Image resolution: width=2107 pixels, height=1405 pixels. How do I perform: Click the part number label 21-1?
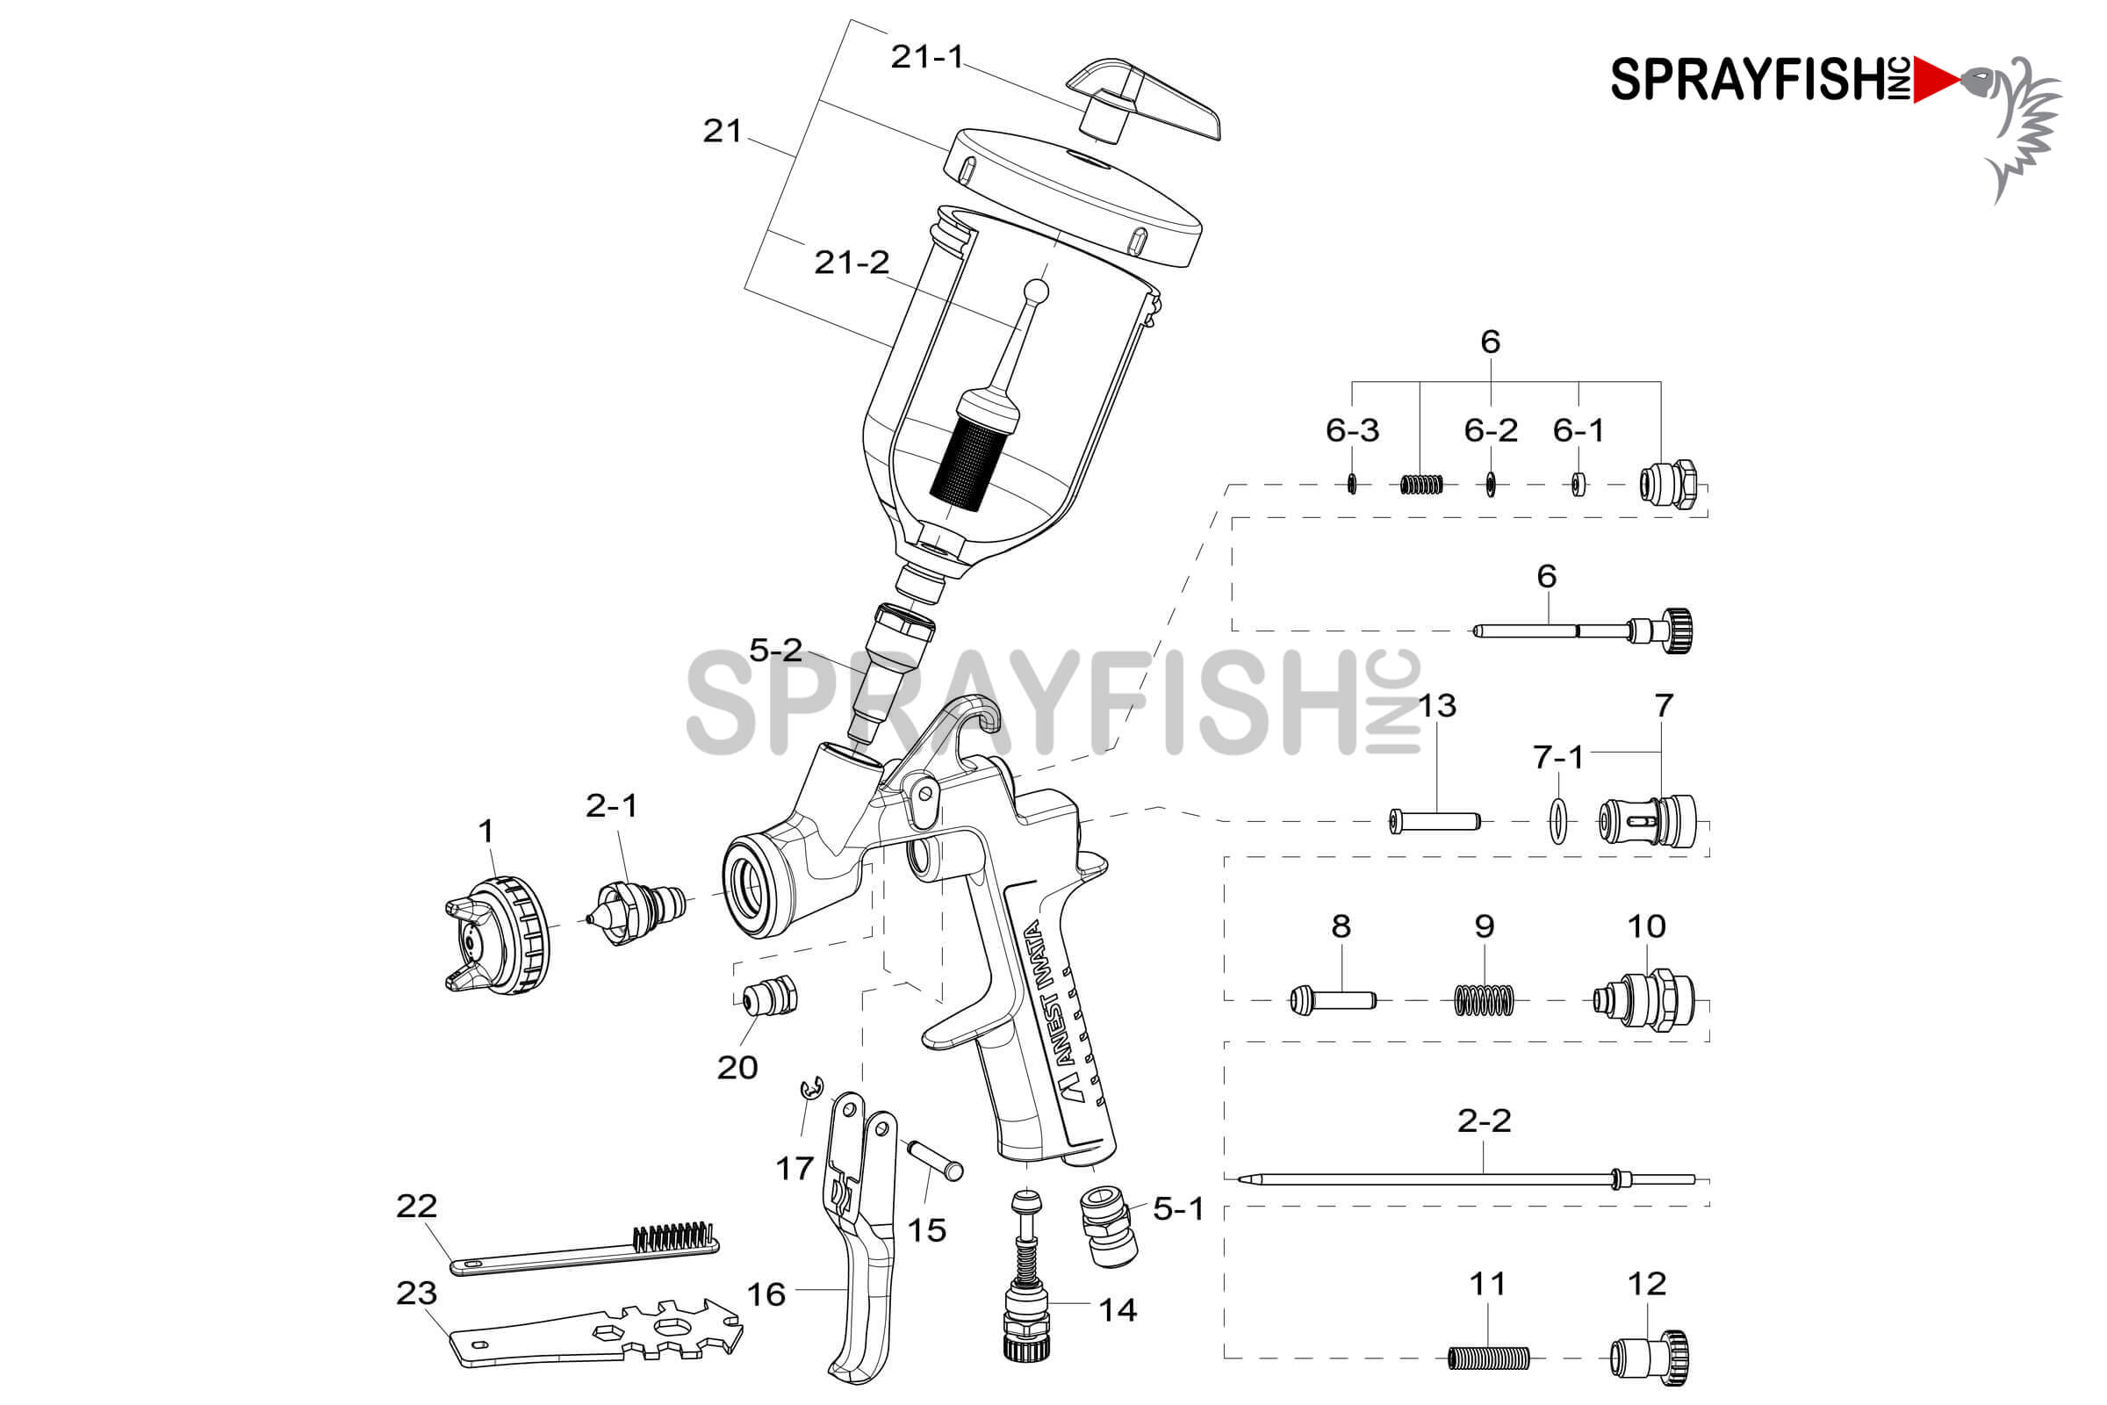pyautogui.click(x=926, y=57)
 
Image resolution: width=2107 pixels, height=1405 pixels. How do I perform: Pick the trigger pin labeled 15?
pyautogui.click(x=935, y=1159)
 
